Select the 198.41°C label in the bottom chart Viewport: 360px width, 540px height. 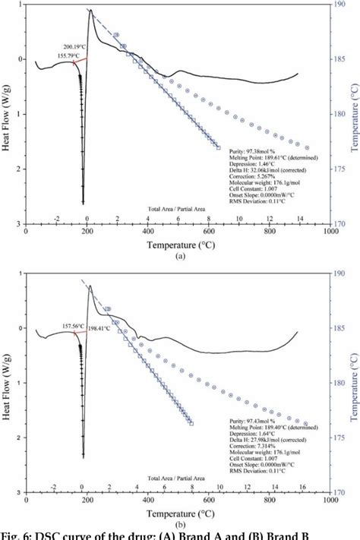(x=105, y=330)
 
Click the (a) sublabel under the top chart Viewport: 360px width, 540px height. (x=179, y=257)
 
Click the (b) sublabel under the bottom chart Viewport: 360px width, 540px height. (x=179, y=523)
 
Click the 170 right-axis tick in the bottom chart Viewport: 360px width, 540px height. (x=343, y=492)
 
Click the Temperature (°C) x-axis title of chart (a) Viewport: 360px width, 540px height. (x=179, y=246)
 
